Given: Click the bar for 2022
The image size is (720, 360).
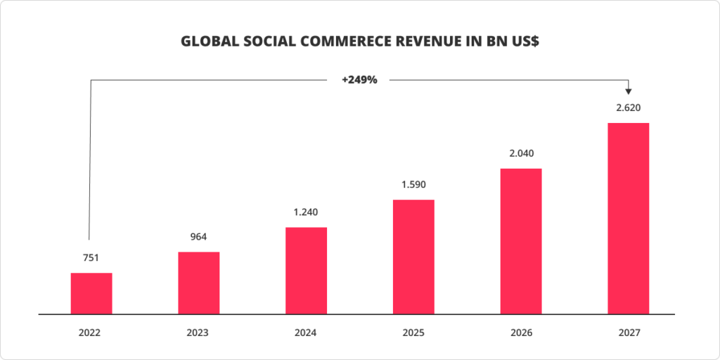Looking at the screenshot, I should click(x=91, y=293).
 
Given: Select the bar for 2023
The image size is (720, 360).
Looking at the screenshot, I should click(x=198, y=283).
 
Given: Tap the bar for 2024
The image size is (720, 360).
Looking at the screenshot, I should click(x=306, y=271).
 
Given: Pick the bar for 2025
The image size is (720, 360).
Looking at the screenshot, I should click(x=413, y=257).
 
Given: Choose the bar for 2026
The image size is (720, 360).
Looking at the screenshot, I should click(x=521, y=241).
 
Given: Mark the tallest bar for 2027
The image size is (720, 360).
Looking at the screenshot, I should click(x=628, y=219).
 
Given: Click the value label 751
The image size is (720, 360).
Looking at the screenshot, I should click(x=91, y=258).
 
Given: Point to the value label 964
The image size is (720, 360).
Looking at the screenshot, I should click(x=198, y=237).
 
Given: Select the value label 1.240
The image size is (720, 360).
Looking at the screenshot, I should click(x=306, y=212).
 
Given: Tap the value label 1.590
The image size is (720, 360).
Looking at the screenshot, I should click(x=413, y=185).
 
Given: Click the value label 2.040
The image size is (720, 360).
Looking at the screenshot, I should click(x=521, y=153).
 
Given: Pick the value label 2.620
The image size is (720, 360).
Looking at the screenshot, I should click(x=628, y=108).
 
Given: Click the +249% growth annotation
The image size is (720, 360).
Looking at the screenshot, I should click(x=359, y=80).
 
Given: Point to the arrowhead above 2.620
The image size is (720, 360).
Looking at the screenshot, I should click(x=628, y=91).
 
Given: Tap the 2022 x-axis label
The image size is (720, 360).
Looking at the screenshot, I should click(x=91, y=332).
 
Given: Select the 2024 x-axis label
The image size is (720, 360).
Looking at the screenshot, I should click(x=306, y=332).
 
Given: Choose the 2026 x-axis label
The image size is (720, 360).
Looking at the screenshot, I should click(x=521, y=332).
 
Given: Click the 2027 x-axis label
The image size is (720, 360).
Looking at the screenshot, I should click(x=628, y=332).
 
